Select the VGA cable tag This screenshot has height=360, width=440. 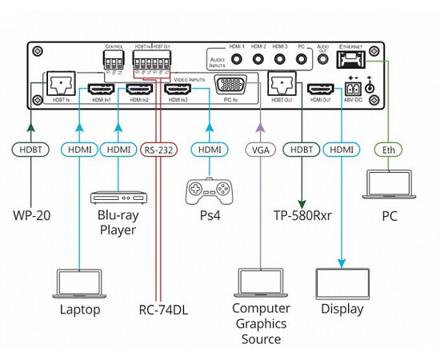pos(260,149)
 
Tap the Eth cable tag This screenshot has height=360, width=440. pos(389,149)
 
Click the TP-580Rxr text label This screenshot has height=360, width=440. pos(302,215)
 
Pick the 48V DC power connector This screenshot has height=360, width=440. pos(353,89)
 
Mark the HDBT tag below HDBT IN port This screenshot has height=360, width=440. pos(31,149)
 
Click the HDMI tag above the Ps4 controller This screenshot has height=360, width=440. pos(210,149)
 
